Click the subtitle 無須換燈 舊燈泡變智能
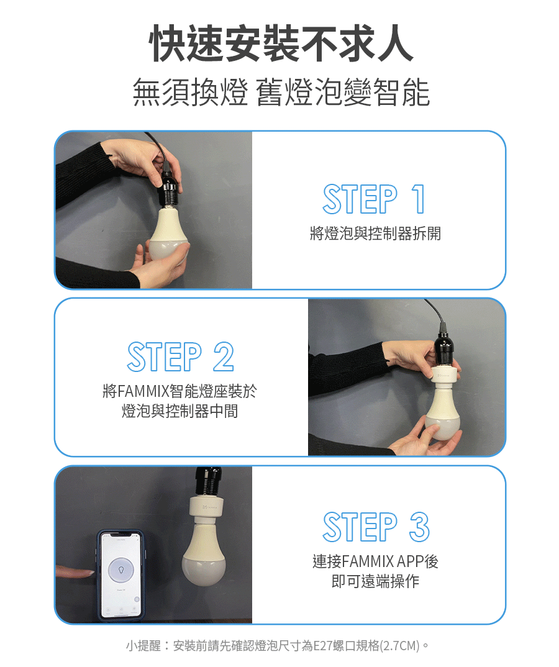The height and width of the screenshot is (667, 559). [281, 92]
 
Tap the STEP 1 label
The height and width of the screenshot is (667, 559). [374, 199]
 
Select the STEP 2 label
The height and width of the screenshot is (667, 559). [180, 356]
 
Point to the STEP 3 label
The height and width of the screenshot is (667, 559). [376, 527]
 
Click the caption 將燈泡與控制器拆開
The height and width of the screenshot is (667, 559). [375, 234]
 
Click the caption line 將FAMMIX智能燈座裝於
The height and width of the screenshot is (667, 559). [180, 391]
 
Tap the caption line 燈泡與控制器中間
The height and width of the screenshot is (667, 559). [180, 411]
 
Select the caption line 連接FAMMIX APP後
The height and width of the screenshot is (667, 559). [375, 561]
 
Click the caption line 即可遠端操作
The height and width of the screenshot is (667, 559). [375, 581]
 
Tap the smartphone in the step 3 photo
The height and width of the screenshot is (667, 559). [121, 575]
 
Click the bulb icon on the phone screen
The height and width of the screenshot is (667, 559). [121, 569]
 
